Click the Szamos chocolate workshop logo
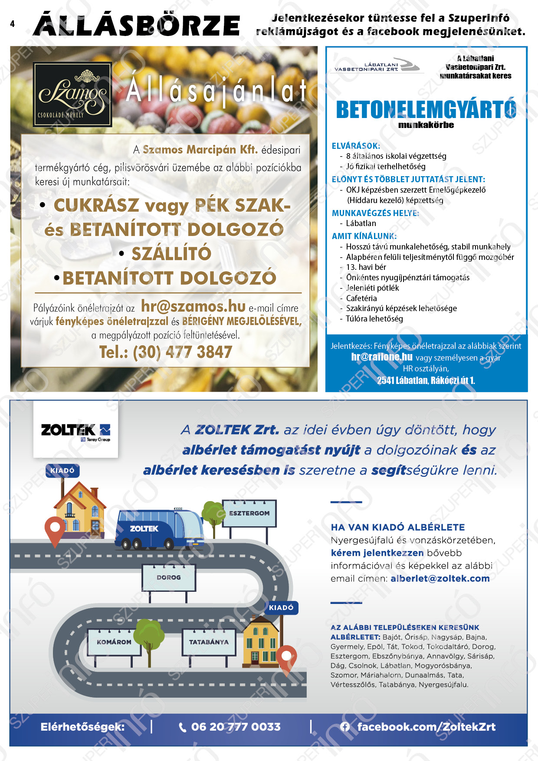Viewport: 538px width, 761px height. click(72, 94)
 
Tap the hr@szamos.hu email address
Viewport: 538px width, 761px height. click(193, 306)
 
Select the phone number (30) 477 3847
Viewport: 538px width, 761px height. click(165, 352)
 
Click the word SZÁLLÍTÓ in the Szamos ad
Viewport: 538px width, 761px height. click(171, 254)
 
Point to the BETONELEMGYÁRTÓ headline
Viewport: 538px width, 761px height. click(426, 109)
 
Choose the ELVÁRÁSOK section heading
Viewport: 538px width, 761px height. click(356, 146)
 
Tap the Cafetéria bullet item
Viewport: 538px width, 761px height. click(361, 298)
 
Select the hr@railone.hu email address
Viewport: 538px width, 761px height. click(382, 357)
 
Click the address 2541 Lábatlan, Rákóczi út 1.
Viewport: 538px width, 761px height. click(426, 380)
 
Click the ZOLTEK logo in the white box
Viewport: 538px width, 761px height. click(75, 432)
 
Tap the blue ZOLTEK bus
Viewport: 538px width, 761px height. click(159, 529)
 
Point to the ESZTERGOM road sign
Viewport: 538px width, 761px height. click(249, 513)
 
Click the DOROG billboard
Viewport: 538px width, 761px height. click(169, 577)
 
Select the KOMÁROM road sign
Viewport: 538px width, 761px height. click(114, 642)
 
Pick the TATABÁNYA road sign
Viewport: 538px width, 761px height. click(209, 642)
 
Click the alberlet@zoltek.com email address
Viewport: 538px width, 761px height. click(440, 578)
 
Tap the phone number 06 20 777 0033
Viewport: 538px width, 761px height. click(236, 727)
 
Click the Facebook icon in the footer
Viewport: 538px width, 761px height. click(345, 727)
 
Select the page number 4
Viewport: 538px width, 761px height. click(12, 24)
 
